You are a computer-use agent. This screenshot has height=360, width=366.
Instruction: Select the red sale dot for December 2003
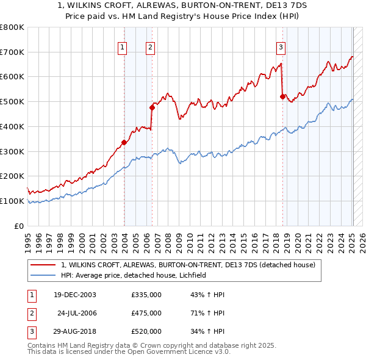click(124, 143)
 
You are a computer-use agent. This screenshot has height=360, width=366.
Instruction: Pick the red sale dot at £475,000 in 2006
click(152, 107)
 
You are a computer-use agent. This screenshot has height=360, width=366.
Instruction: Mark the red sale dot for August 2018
click(282, 96)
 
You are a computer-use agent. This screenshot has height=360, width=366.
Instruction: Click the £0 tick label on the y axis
click(19, 226)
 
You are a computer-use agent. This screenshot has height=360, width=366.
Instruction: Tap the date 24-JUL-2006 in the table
click(76, 313)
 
